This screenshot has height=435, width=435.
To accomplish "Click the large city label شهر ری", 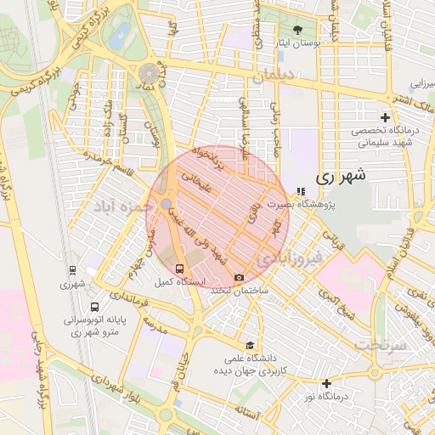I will coord(341,178).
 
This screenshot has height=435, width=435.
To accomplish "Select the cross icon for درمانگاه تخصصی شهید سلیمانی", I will coord(385,116).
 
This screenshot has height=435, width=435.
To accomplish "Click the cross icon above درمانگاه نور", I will coord(326,382).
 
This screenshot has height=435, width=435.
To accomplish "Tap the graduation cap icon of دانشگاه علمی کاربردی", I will coord(250,345).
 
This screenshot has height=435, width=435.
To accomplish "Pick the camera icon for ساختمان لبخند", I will coord(240,278).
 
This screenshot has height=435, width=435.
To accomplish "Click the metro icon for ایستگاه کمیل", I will coord(178,268).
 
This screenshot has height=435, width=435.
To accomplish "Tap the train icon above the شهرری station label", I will coord(73,271).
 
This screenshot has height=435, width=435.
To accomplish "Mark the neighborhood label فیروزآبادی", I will coord(290,256).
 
